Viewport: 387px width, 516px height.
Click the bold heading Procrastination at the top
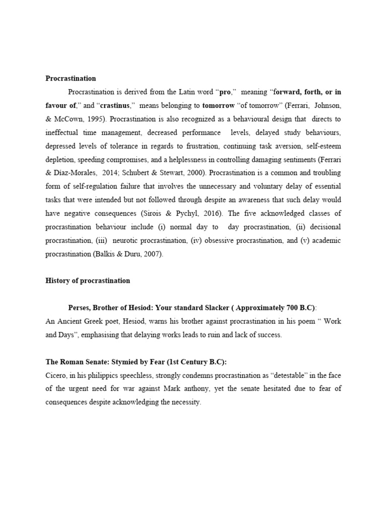click(x=71, y=78)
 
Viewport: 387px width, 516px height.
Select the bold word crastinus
click(x=115, y=106)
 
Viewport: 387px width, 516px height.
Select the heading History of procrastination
click(x=88, y=281)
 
